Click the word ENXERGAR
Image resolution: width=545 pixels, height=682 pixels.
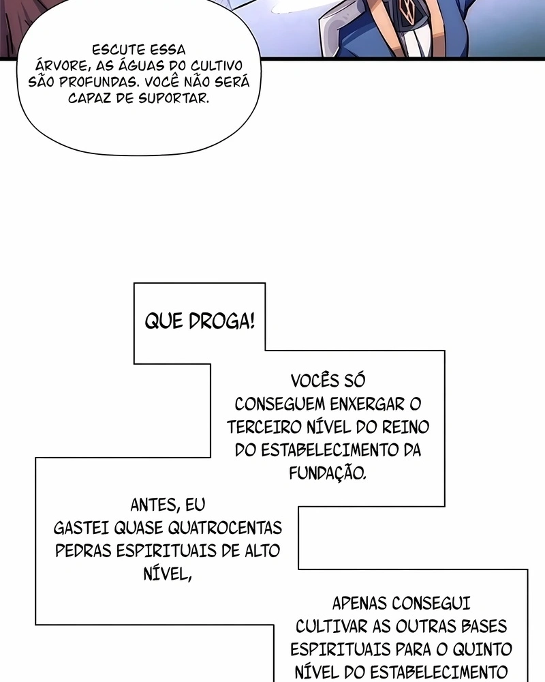(x=367, y=404)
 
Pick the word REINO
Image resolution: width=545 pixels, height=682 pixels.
(x=406, y=427)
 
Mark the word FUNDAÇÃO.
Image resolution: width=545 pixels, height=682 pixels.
(x=328, y=473)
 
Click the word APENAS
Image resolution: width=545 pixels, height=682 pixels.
(x=360, y=604)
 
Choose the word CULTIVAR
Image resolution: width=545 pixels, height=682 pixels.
(x=331, y=626)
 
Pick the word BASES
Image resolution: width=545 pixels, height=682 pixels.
(x=484, y=626)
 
